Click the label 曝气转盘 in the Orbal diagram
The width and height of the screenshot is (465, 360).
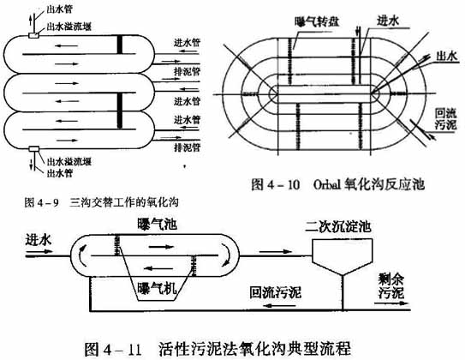(x=317, y=21)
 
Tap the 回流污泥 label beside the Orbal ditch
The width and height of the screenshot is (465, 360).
(x=445, y=119)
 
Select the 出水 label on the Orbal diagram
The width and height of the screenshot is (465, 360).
(x=446, y=56)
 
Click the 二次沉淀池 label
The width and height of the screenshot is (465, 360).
(x=338, y=227)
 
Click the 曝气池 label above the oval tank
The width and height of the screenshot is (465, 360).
(x=158, y=224)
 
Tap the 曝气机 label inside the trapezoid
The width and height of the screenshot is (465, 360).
(x=157, y=288)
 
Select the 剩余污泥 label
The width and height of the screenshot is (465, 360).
(x=390, y=286)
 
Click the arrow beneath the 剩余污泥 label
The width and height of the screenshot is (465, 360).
(x=392, y=303)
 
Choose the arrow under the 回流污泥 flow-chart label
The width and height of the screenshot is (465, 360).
(x=277, y=305)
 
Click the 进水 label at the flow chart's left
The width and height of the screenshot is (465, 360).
(x=39, y=239)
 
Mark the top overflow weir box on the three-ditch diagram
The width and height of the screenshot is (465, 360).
(x=33, y=35)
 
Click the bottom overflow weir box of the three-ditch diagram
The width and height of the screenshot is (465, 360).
(x=34, y=148)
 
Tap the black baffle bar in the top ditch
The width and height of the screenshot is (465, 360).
(x=120, y=45)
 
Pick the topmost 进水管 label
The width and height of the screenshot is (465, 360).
(x=188, y=43)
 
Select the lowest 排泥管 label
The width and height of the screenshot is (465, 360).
(x=188, y=147)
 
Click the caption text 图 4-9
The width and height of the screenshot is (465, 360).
(x=41, y=202)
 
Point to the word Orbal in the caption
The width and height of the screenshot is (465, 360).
(x=327, y=184)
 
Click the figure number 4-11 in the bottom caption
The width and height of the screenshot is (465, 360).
(x=122, y=350)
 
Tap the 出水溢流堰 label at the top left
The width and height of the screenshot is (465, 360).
(x=69, y=27)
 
